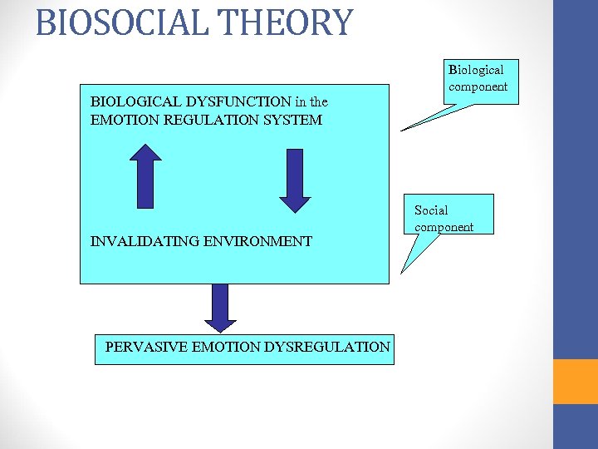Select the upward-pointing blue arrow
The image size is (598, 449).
tap(147, 176)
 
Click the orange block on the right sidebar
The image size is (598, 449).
tap(575, 381)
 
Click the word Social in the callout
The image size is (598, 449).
tap(431, 210)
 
